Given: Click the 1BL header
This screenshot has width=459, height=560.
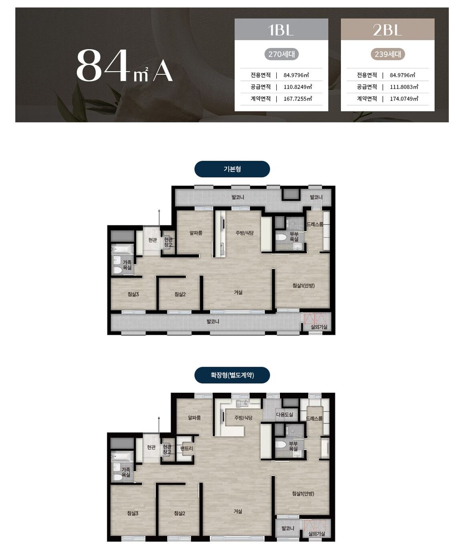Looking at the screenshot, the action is [x=281, y=29].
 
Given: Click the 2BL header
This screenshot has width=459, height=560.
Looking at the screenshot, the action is [x=387, y=29].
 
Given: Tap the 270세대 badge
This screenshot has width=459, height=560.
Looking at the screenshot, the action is [x=281, y=54].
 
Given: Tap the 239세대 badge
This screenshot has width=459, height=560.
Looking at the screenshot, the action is [x=388, y=54].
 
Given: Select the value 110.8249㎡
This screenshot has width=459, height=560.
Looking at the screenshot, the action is [x=298, y=87].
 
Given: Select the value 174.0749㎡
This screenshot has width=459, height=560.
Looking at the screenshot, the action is [x=404, y=99].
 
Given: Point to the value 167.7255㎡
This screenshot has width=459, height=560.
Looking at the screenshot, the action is [x=298, y=99].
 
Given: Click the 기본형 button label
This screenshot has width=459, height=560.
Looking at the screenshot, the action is [x=232, y=169].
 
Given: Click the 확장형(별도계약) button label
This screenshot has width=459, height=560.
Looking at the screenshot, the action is [x=232, y=375].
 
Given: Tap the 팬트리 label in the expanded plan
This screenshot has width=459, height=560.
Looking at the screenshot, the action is [x=186, y=448].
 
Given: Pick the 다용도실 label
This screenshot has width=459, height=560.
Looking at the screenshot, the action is [x=284, y=414].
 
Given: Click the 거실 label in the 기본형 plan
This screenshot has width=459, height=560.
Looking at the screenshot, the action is [x=238, y=292].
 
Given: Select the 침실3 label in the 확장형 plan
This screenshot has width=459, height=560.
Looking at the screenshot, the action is [x=133, y=513].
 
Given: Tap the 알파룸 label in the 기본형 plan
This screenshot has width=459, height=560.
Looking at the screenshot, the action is [x=196, y=233].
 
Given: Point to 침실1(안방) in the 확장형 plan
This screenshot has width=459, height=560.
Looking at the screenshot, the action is [x=303, y=493].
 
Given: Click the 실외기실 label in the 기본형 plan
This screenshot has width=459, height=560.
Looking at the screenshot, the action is [x=319, y=327].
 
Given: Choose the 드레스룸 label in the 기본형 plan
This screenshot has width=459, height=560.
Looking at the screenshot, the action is [x=314, y=224].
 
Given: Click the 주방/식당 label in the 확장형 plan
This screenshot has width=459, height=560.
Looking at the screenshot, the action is [x=244, y=418].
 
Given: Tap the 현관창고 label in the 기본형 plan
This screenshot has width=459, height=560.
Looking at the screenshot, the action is [x=168, y=242].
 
